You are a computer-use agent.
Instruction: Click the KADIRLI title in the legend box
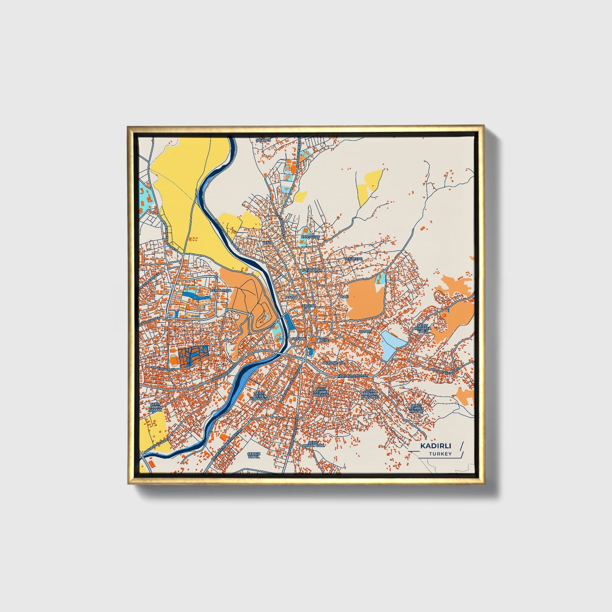point(435,446)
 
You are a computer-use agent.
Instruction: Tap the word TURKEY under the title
point(440,454)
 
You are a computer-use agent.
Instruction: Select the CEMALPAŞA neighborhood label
point(222,291)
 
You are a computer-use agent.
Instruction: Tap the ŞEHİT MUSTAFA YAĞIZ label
point(423,329)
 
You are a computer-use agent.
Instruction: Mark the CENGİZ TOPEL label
point(253,455)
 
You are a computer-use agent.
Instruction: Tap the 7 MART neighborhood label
point(365,331)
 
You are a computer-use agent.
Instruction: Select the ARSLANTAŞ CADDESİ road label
point(445,370)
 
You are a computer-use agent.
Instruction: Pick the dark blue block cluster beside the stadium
point(193,355)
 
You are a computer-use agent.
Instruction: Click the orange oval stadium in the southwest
point(174,361)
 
